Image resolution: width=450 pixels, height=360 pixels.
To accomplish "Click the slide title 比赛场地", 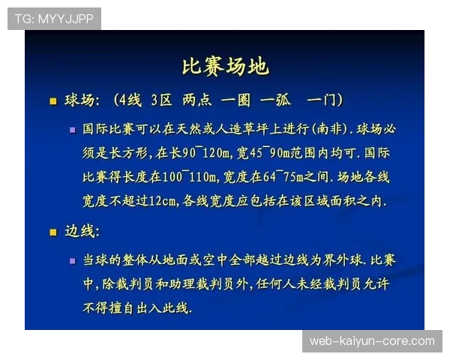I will pos(225,67).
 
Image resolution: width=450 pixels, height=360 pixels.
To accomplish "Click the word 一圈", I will pos(235,100).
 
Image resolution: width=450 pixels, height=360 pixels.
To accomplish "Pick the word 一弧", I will pos(274,100).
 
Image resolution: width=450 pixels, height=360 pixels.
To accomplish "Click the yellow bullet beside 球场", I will pos(52,101).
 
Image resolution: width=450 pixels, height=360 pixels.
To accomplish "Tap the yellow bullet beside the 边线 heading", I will pos(52,232).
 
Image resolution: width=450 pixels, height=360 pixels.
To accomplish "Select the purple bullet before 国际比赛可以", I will pos(72,129).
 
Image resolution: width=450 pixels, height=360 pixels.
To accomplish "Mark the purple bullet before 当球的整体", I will pos(72,260).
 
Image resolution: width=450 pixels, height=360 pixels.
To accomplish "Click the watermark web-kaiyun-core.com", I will pos(372,341).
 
